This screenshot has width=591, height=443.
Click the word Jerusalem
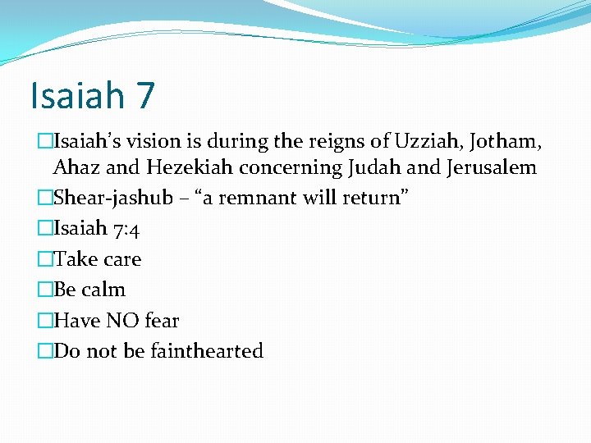coord(492,168)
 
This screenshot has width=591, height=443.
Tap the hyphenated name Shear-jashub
coord(113,199)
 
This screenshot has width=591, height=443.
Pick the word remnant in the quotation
coord(255,199)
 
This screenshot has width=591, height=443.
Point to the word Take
coord(75,259)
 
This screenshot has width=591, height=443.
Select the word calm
coord(103,290)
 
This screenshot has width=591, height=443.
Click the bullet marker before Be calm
coord(45,290)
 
